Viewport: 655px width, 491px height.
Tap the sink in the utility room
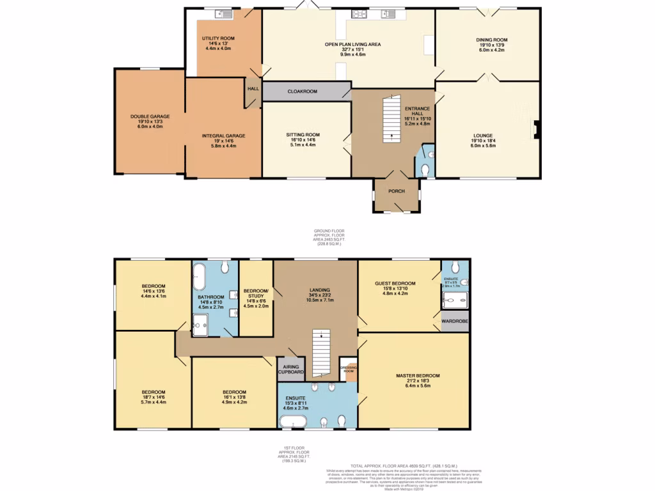[x=224, y=13]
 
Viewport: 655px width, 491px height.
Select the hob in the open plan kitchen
[x=357, y=13]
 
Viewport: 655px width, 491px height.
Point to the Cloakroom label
[x=302, y=91]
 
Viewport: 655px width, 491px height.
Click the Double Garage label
[x=150, y=116]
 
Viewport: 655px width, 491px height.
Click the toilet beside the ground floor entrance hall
[x=427, y=169]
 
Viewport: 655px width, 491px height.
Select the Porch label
[x=397, y=191]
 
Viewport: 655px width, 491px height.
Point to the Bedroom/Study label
[x=256, y=293]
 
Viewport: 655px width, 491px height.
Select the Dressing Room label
[x=348, y=369]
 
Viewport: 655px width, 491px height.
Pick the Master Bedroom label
[x=417, y=375]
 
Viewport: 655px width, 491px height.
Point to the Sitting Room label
[x=303, y=135]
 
